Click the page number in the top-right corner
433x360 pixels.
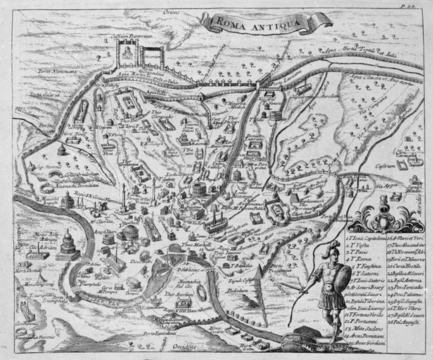417,5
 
